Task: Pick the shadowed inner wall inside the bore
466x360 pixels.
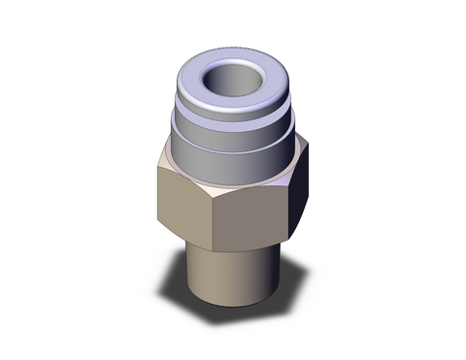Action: pos(245,69)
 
